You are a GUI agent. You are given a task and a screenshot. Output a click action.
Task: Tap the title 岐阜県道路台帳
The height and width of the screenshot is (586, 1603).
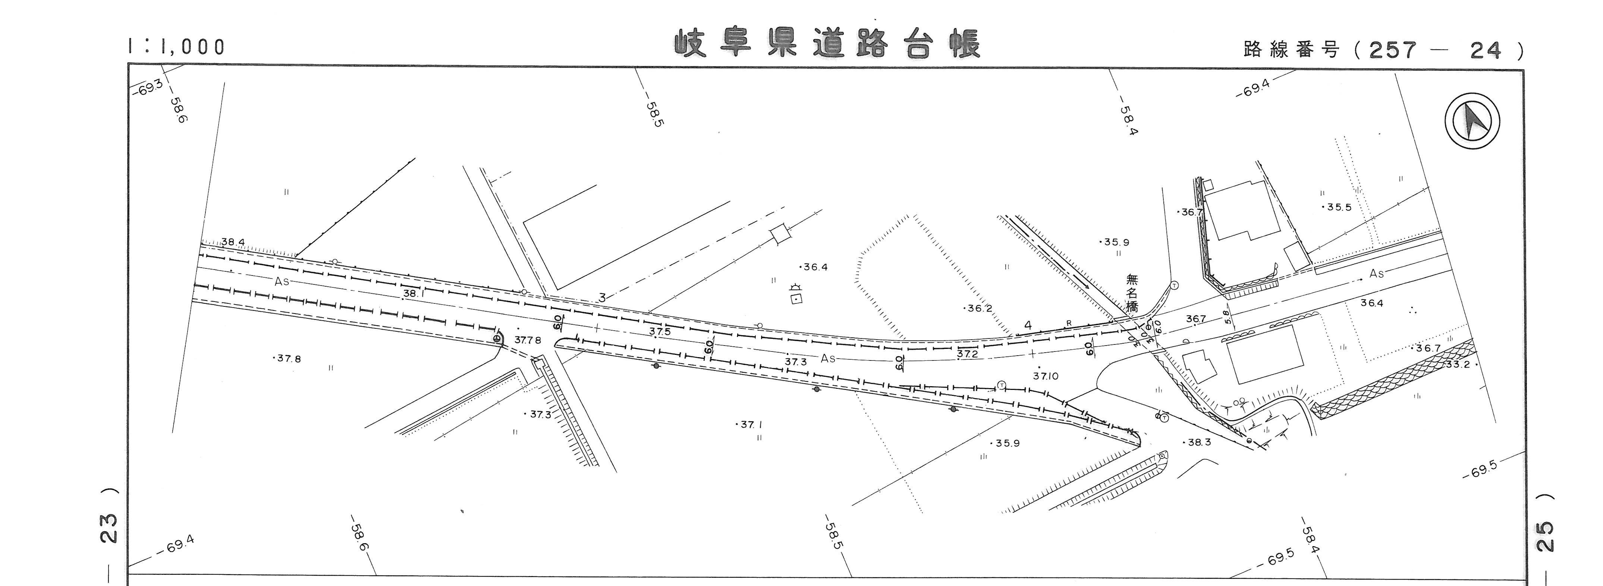click(x=828, y=44)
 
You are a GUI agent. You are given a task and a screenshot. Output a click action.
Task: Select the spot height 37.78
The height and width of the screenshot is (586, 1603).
click(x=528, y=340)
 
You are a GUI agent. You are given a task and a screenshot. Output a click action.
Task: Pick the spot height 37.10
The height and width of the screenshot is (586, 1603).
click(x=1046, y=376)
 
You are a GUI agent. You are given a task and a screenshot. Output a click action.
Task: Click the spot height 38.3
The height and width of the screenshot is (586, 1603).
click(x=1199, y=442)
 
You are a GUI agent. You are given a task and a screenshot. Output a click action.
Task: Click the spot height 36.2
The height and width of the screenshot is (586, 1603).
click(x=979, y=309)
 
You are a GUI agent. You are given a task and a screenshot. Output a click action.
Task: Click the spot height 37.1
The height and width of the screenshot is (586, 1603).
click(x=751, y=425)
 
